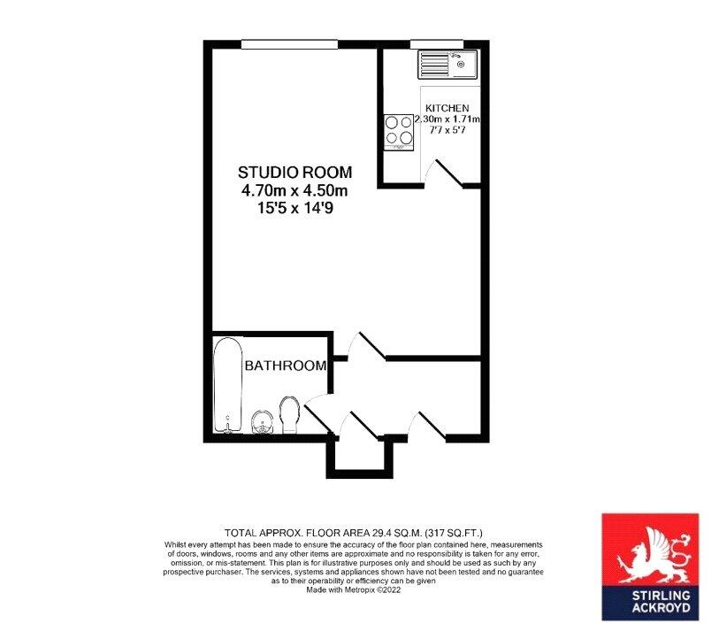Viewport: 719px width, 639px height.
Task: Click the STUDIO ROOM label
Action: pyautogui.click(x=294, y=173)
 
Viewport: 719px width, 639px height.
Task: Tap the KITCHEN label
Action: pyautogui.click(x=447, y=108)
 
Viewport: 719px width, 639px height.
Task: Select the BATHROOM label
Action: pyautogui.click(x=286, y=366)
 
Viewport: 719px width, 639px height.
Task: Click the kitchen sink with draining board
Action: pyautogui.click(x=447, y=65)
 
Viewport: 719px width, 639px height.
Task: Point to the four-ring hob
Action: pyautogui.click(x=399, y=132)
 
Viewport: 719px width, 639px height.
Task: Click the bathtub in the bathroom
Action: pyautogui.click(x=228, y=386)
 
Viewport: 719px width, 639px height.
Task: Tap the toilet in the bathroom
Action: pyautogui.click(x=289, y=414)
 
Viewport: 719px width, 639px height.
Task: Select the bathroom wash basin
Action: pyautogui.click(x=263, y=422)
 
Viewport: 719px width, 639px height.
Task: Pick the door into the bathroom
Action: pyautogui.click(x=319, y=414)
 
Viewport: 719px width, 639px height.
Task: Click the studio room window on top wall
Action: pyautogui.click(x=289, y=44)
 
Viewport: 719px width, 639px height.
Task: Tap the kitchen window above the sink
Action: pyautogui.click(x=437, y=44)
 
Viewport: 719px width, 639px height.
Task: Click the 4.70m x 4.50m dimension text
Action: pyautogui.click(x=294, y=190)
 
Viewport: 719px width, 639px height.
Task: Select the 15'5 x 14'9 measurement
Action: pyautogui.click(x=294, y=208)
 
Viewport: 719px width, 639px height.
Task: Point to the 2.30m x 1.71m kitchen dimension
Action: pyautogui.click(x=447, y=119)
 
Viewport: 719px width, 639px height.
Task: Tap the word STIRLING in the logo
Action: pyautogui.click(x=661, y=596)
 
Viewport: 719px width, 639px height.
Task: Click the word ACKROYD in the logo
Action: pyautogui.click(x=661, y=608)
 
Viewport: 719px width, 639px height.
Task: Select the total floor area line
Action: pyautogui.click(x=353, y=533)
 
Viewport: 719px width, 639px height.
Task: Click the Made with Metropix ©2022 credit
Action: pyautogui.click(x=354, y=590)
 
